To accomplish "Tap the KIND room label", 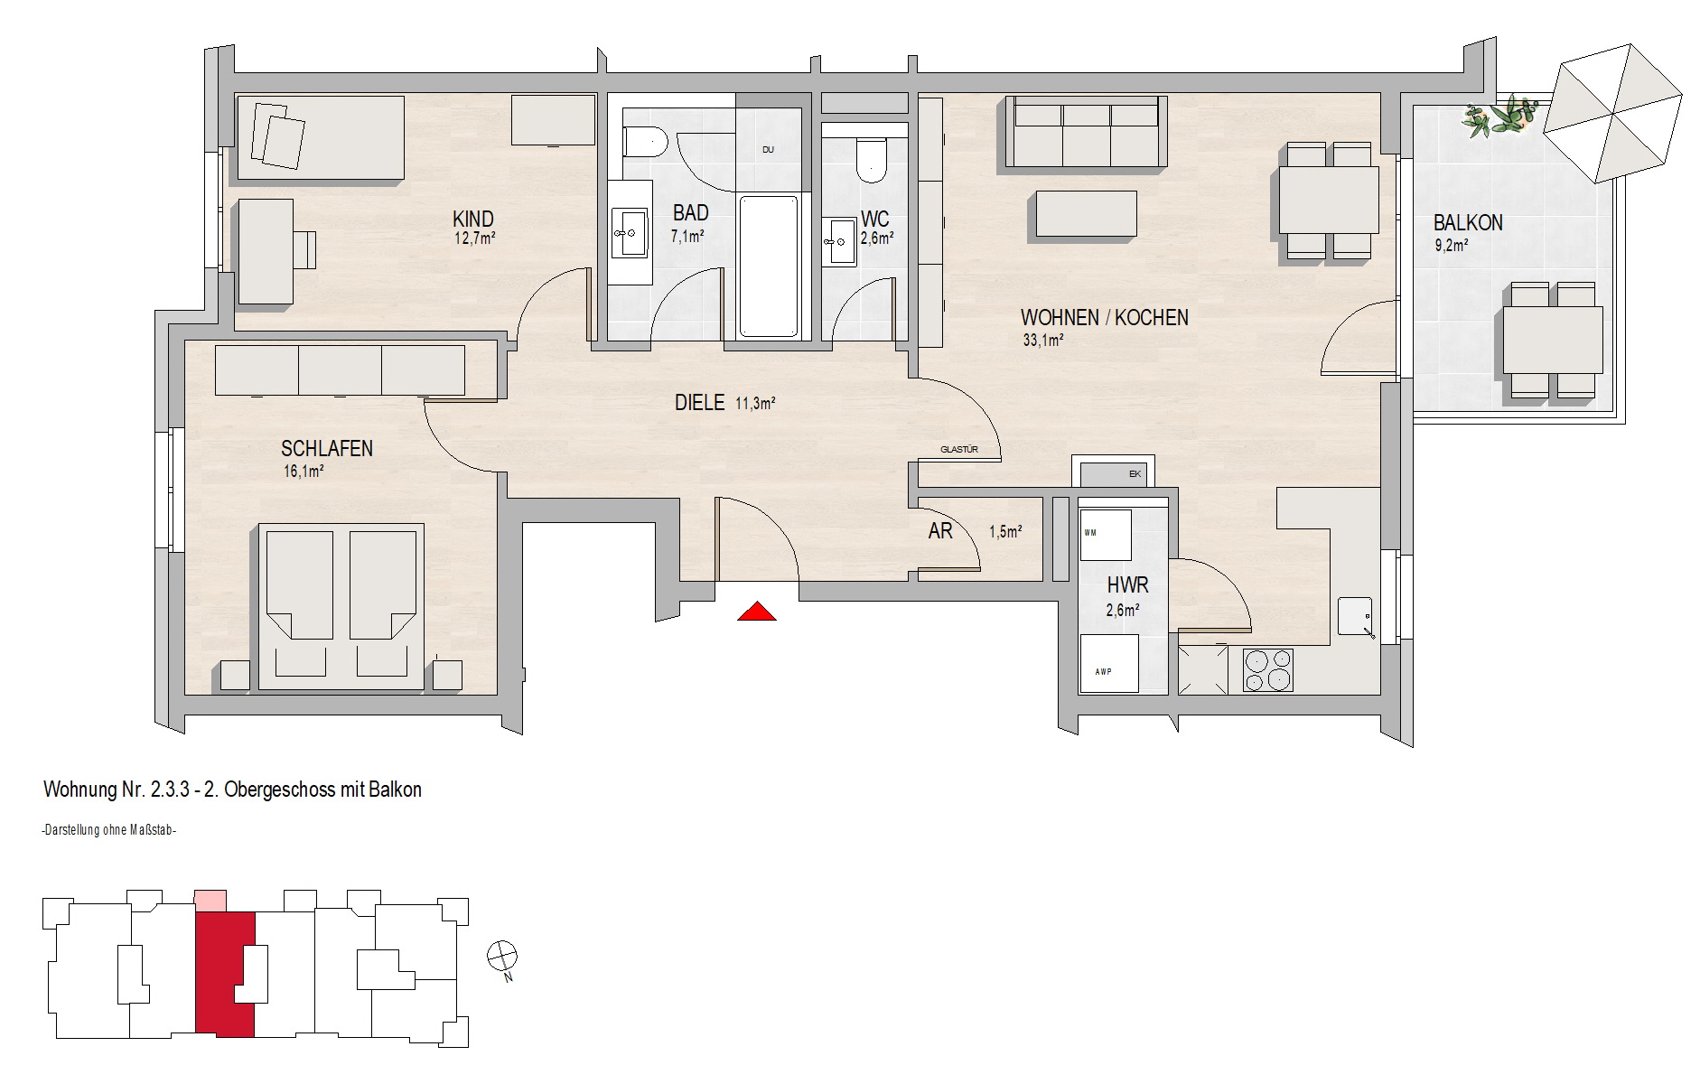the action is point(473,220).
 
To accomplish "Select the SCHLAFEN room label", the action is point(327,449).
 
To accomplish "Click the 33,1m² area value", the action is point(1042,341).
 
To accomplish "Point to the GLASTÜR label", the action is point(959,449).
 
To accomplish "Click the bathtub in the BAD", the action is point(769,266).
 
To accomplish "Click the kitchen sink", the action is point(1355,617).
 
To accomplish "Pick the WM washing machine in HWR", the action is point(1105,535).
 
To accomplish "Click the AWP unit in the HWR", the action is point(1109,663).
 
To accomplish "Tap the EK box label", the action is point(1135,474).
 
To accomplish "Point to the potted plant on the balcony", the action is point(1499,119).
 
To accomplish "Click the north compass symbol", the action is point(502,956).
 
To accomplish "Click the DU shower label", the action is point(768,150).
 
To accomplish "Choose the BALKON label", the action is point(1467,222).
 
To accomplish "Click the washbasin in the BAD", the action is point(630,231).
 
